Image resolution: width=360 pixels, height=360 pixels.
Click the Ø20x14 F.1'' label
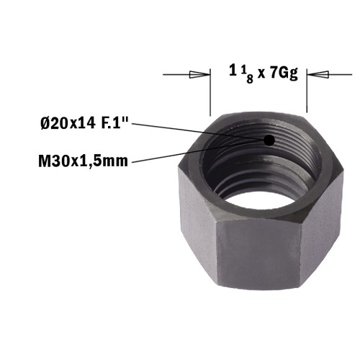pyautogui.click(x=85, y=124)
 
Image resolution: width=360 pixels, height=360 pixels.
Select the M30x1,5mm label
pyautogui.click(x=83, y=161)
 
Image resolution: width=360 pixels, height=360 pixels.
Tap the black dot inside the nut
pyautogui.click(x=269, y=140)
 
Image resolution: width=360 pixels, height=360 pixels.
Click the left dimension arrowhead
pyautogui.click(x=199, y=74)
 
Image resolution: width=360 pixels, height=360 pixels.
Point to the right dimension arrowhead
pyautogui.click(x=318, y=74)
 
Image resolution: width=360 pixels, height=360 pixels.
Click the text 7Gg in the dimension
pyautogui.click(x=284, y=73)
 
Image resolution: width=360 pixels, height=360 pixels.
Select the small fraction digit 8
pyautogui.click(x=250, y=79)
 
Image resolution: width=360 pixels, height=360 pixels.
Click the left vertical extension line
pyautogui.click(x=210, y=92)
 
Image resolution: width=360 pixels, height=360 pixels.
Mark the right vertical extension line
pyautogui.click(x=307, y=91)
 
